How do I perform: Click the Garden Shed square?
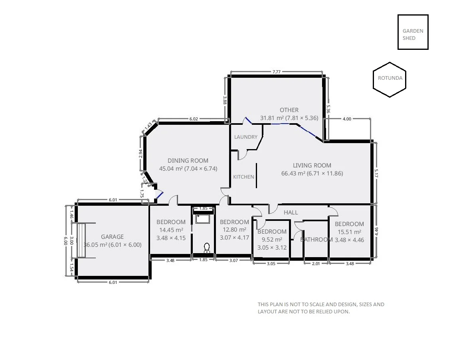pos(413,32)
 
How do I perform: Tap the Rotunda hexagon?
pos(390,79)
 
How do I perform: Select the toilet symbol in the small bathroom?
pos(207,248)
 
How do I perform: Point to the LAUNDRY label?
pos(245,137)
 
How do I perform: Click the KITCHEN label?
pos(243,177)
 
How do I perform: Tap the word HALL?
pos(291,212)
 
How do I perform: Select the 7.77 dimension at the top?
pos(276,72)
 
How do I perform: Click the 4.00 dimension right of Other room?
pos(347,119)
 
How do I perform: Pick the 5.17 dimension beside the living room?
pos(376,173)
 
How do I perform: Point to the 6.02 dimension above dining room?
pos(194,119)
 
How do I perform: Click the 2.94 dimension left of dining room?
pos(140,153)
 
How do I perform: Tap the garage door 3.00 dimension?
pos(71,241)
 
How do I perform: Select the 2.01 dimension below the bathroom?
pos(315,263)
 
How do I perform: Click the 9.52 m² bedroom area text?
pos(271,240)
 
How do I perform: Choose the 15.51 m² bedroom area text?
pos(349,232)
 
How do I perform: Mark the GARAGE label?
pos(112,237)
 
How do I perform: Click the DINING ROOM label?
pos(188,161)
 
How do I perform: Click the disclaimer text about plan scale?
pos(321,308)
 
